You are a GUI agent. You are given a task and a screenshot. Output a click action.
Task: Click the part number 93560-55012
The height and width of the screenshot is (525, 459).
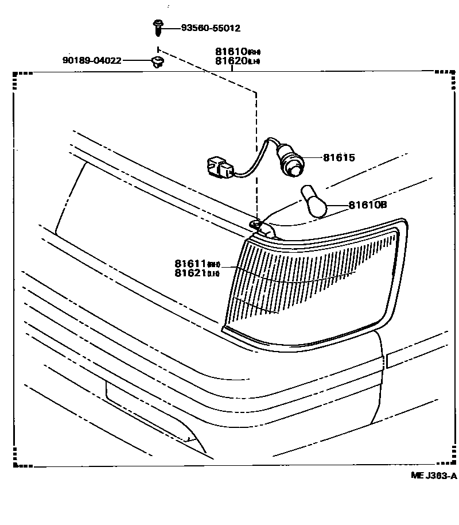pyautogui.click(x=210, y=28)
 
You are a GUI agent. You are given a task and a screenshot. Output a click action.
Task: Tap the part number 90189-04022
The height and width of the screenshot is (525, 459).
pyautogui.click(x=92, y=60)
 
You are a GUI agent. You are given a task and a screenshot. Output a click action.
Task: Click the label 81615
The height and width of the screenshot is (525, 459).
pyautogui.click(x=339, y=157)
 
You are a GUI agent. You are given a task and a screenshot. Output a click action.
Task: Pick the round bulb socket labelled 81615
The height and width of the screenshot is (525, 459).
pyautogui.click(x=291, y=163)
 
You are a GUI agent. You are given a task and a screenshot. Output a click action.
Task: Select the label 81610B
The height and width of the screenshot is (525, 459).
pyautogui.click(x=367, y=204)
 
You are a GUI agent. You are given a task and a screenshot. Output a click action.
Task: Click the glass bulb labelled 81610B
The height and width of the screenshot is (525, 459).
pyautogui.click(x=316, y=202)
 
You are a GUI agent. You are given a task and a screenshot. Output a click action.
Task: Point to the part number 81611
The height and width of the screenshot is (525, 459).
pyautogui.click(x=190, y=264)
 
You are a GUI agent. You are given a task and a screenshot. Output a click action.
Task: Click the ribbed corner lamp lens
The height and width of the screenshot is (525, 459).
pyautogui.click(x=310, y=281)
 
